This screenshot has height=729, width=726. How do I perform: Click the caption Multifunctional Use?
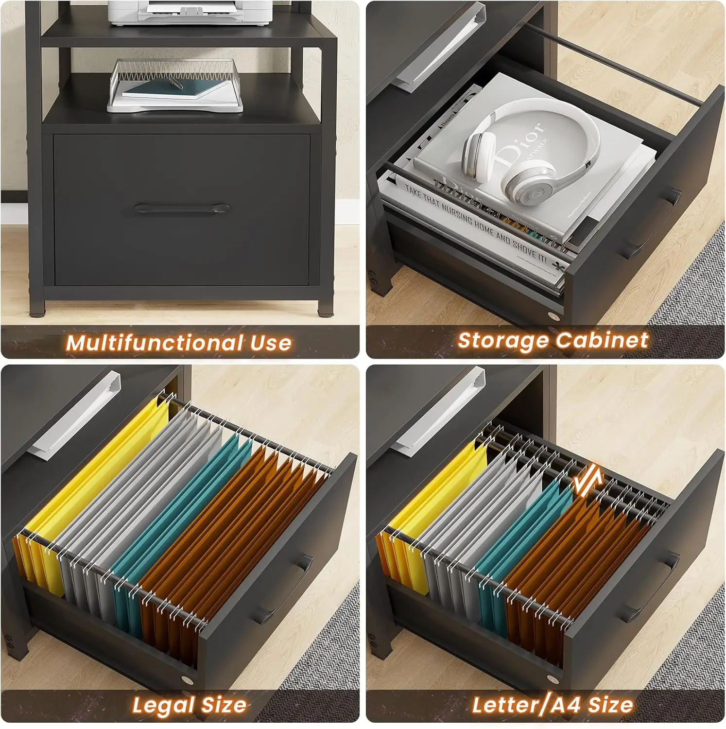179,343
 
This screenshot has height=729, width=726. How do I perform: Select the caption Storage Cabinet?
553,341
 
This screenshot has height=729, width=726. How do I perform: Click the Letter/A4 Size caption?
553,705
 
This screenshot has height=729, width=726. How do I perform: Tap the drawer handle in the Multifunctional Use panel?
182,209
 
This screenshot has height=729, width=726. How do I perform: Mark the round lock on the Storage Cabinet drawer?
554,316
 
